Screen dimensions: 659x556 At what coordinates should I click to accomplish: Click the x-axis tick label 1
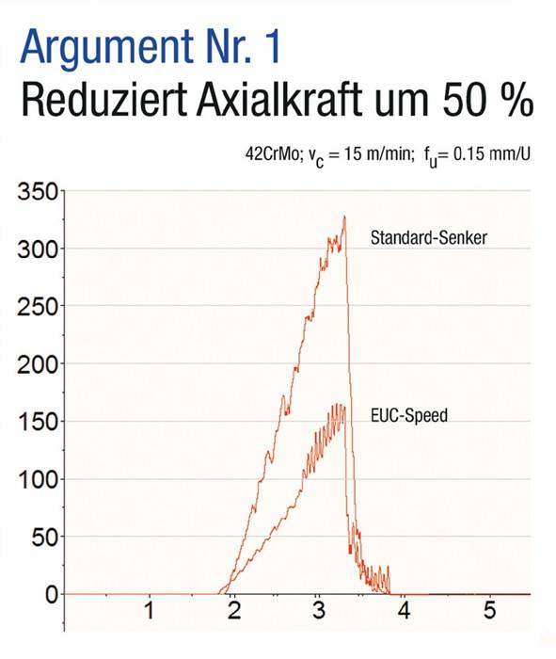click(x=149, y=611)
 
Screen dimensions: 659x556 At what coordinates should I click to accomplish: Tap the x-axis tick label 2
click(x=234, y=611)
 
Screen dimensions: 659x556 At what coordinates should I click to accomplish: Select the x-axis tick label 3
click(x=319, y=611)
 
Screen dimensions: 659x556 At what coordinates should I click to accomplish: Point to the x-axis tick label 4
click(x=405, y=611)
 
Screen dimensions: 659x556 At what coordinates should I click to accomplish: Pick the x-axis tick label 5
click(x=489, y=611)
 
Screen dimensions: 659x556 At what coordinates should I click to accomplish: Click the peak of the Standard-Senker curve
click(x=344, y=217)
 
